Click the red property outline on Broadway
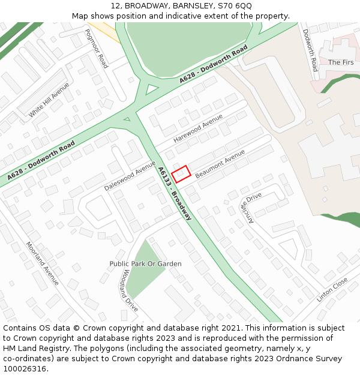point(181,174)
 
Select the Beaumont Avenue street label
point(220,164)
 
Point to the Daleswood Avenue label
point(130,175)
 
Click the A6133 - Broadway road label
point(175,193)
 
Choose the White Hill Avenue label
point(49,100)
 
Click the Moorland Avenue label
point(43,263)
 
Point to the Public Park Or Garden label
point(145,264)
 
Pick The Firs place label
point(340,62)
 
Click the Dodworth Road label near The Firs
point(310,50)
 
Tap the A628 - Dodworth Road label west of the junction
point(41,160)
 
